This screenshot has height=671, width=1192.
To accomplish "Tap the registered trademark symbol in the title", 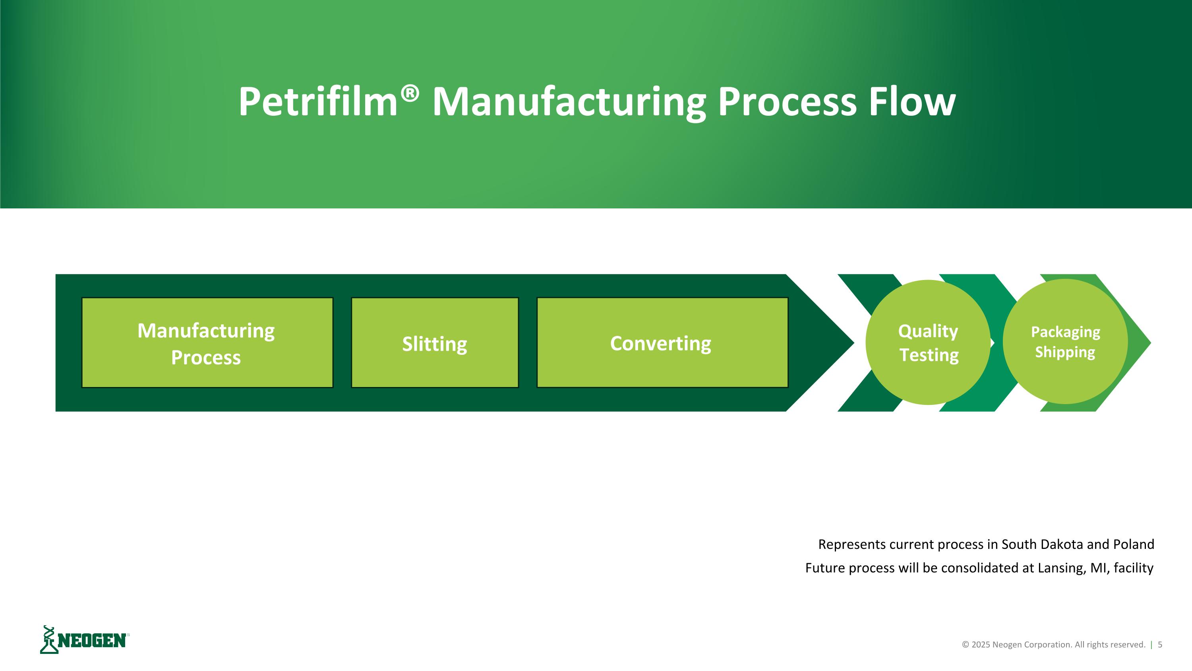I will pos(410,93).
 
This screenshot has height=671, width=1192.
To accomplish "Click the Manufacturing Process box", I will pos(207,343).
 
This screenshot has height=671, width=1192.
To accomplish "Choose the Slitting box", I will pos(435,343).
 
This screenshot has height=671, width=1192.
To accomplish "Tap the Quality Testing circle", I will pos(928,343).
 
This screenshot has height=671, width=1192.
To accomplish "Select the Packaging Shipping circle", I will pos(1065,342).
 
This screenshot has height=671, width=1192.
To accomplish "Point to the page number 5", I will pos(1160,645).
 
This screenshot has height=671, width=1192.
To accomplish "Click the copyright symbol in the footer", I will pos(966,645).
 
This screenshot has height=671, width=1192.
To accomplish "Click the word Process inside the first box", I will pos(206,358).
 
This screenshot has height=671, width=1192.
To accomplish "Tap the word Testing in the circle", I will pos(929,355).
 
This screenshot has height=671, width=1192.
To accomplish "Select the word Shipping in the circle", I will pos(1065,352).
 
